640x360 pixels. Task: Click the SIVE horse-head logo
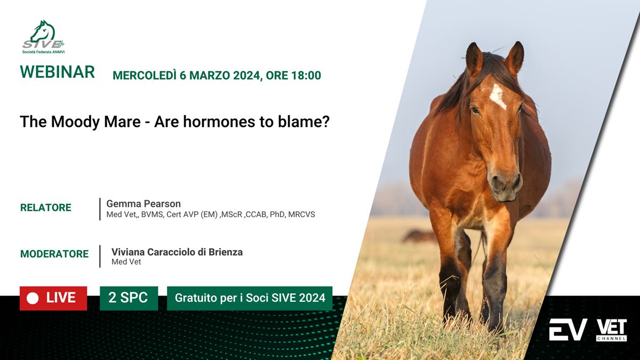coord(43,37)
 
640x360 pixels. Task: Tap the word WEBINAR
coord(57,71)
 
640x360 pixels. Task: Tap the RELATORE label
coord(46,207)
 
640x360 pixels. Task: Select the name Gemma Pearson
coord(143,204)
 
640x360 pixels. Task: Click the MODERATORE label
coord(54,254)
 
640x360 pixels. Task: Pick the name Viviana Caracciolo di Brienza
coord(177,252)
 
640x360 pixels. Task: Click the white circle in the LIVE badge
coord(33,298)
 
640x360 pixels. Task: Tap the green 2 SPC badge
coord(129,298)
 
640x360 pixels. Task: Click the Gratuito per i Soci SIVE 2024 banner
coord(250,298)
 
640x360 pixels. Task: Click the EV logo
coord(568,330)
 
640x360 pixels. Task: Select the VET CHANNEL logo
coord(611,330)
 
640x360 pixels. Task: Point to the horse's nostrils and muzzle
coord(506,185)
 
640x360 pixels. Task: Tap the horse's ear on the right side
coord(515,58)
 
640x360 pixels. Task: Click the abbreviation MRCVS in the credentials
coord(301,214)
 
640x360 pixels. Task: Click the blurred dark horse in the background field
coord(419,236)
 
